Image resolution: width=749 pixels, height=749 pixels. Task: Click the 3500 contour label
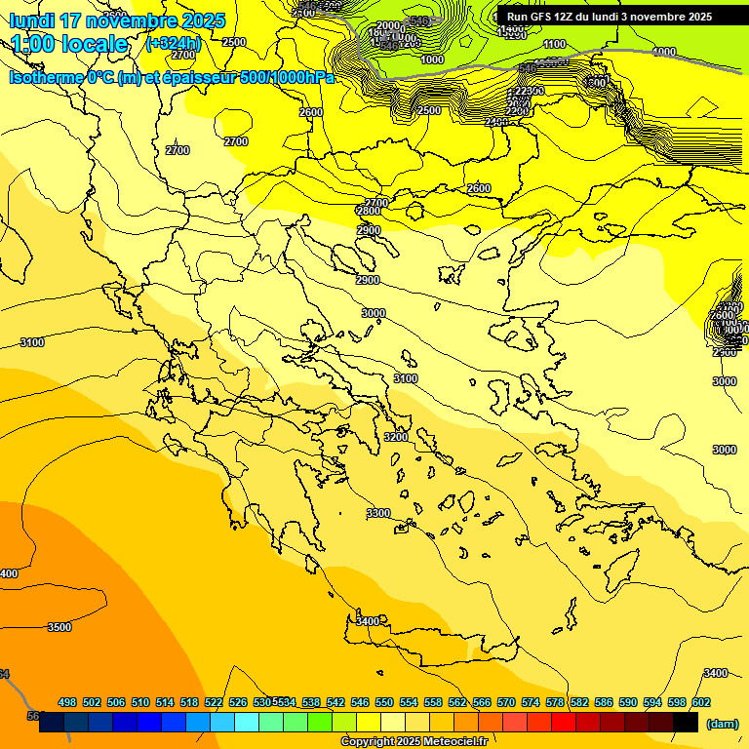point(59,627)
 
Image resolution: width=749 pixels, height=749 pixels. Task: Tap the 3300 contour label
point(378,513)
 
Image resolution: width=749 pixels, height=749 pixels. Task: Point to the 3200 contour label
point(396,437)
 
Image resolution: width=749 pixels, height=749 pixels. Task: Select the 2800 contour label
point(368,211)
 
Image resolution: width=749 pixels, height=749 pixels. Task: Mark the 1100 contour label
point(554,44)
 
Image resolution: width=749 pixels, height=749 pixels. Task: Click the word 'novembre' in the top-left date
point(136,20)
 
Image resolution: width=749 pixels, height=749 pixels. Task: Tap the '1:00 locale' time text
point(69,44)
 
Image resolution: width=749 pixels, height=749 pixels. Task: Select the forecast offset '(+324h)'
point(173,44)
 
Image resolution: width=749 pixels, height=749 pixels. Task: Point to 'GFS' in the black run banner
point(546,17)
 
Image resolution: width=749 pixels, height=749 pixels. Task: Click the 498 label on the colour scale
point(67,702)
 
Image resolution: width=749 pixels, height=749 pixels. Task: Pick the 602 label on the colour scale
point(700,702)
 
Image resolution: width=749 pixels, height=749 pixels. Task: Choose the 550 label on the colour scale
point(384,702)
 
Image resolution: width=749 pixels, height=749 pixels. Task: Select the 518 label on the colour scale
point(189,702)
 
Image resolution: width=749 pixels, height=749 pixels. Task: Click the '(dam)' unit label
point(722,723)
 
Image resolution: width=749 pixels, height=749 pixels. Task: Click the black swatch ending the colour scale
point(685,722)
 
